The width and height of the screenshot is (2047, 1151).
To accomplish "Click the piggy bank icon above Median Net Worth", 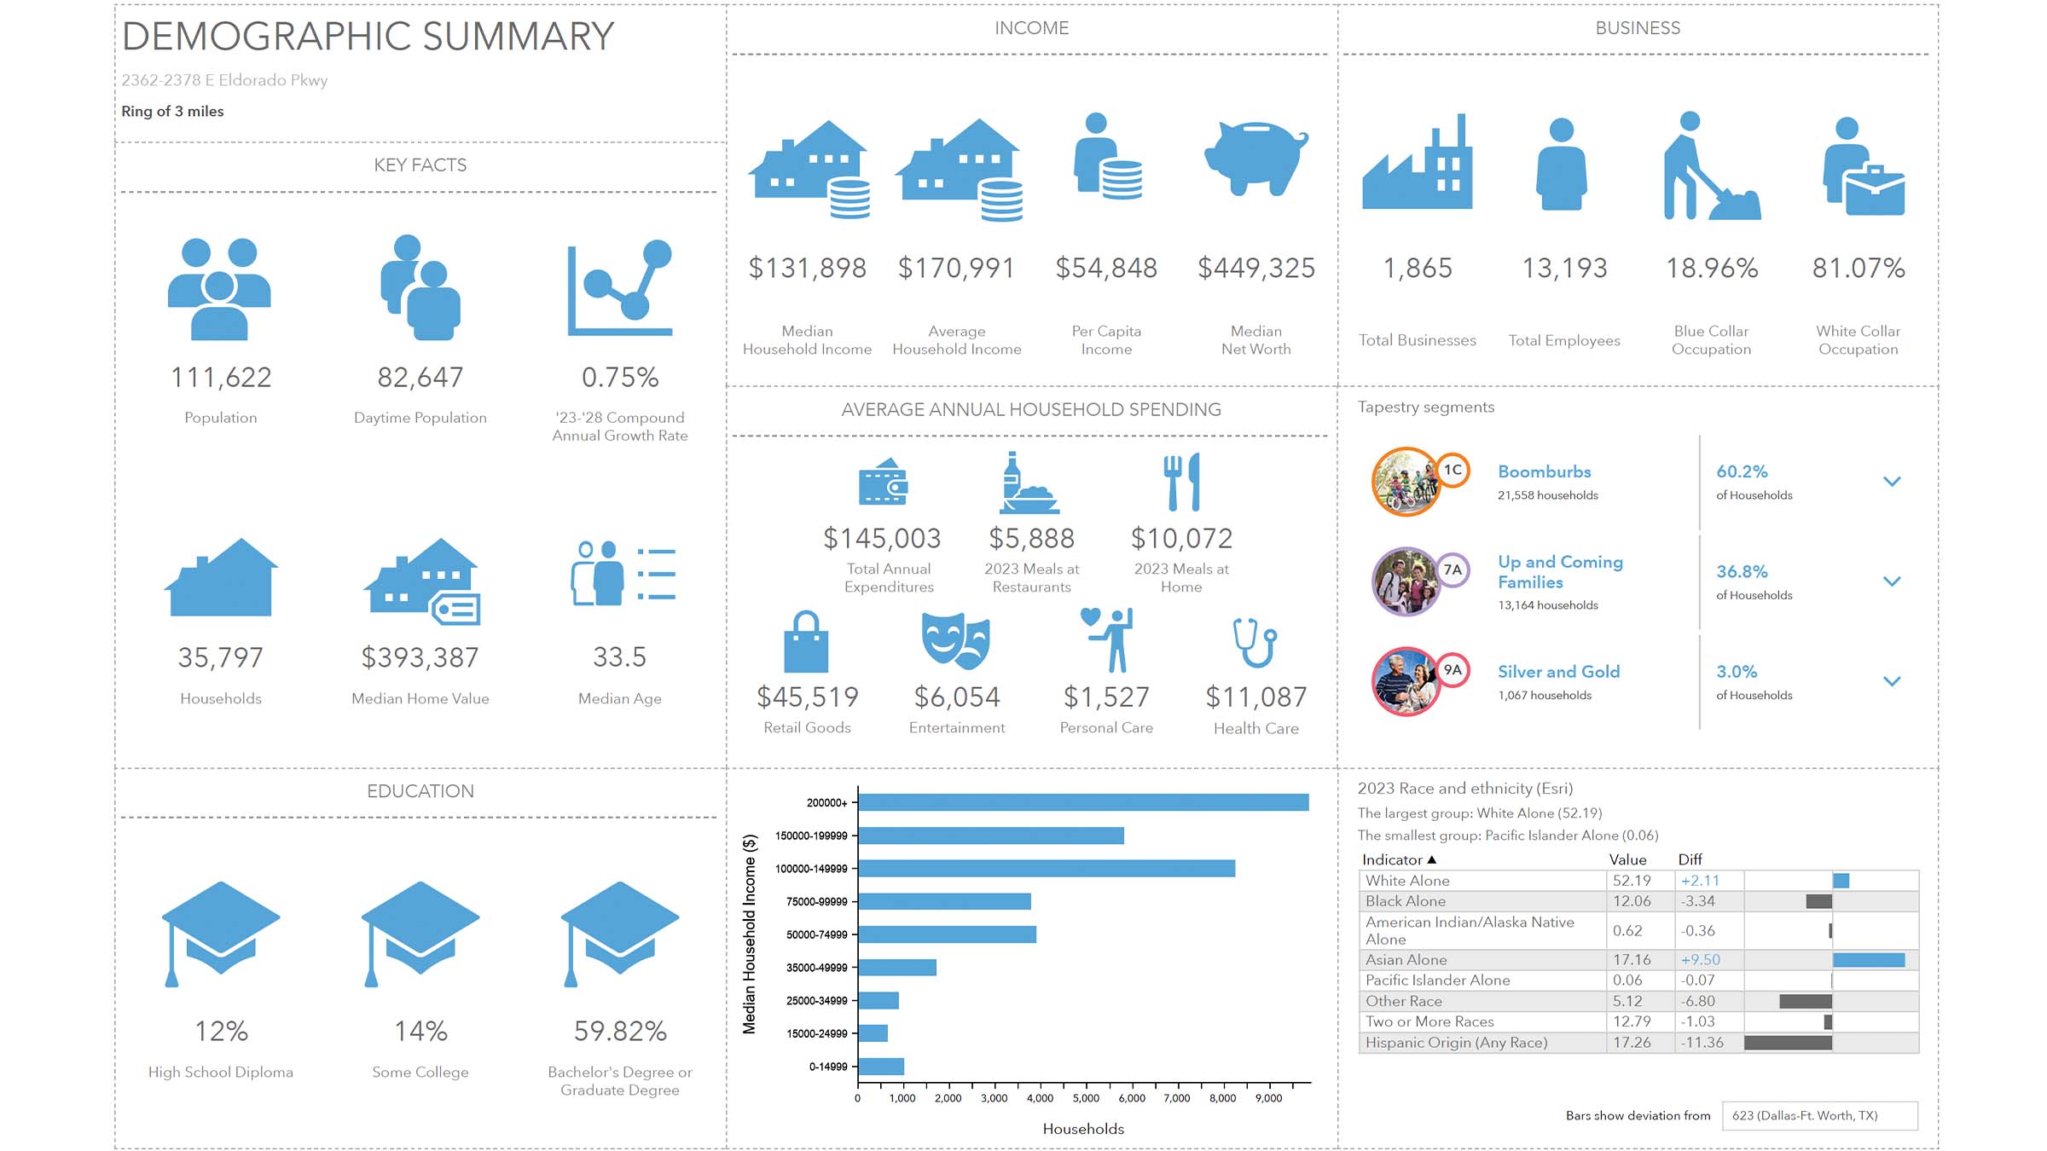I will tap(1255, 159).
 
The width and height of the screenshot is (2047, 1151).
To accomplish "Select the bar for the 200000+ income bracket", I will tap(1082, 802).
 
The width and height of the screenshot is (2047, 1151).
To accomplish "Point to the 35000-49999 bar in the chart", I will tap(897, 968).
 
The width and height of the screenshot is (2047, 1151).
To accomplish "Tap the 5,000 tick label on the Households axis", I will tap(1086, 1098).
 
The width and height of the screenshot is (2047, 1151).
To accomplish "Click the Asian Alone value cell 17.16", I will tap(1632, 960).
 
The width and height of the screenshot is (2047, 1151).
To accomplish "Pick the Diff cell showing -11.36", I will tap(1702, 1043).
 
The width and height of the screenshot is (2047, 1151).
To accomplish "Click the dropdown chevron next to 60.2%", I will tap(1892, 482).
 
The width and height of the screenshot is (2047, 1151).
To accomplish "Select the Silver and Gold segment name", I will tap(1558, 672).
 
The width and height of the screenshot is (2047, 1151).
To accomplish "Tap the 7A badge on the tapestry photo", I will tap(1453, 570).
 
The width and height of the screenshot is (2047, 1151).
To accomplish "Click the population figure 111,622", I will tap(221, 378).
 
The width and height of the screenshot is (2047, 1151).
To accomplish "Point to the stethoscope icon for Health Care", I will tap(1255, 643).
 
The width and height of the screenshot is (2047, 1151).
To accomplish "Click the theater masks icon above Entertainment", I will tap(956, 640).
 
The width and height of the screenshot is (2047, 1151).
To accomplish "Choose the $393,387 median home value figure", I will tap(420, 657).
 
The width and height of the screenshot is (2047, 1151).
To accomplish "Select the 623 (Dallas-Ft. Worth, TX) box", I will tap(1819, 1115).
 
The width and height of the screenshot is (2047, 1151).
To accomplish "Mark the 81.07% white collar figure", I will tap(1858, 269).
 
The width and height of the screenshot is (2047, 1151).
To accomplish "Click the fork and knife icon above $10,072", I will tap(1181, 482).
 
